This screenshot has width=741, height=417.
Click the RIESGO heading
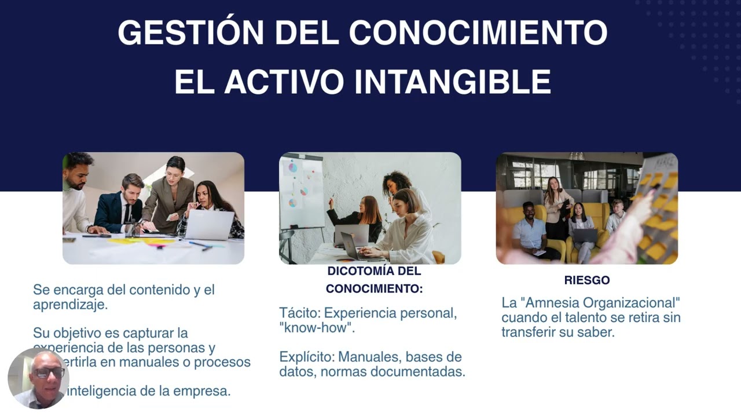tap(586, 280)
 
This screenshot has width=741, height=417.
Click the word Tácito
tap(299, 313)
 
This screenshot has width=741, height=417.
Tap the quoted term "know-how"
tap(317, 328)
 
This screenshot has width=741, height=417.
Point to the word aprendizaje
tap(70, 305)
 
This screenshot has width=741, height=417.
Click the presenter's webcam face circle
tap(39, 378)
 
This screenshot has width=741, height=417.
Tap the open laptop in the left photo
tap(209, 225)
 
